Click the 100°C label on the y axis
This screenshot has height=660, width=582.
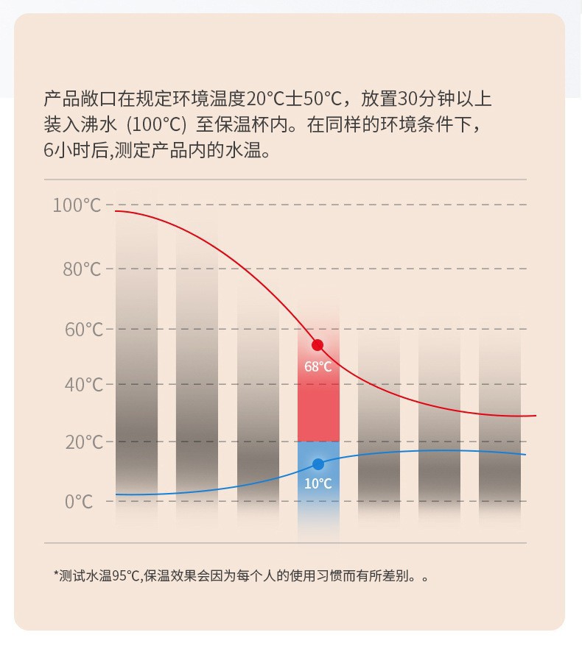tap(77, 205)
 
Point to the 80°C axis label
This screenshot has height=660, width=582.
tap(82, 269)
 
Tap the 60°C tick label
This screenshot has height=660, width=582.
tap(82, 329)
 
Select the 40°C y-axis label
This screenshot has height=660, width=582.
tap(82, 384)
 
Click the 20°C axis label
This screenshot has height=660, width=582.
tap(82, 442)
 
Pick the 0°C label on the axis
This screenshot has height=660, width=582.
tap(79, 502)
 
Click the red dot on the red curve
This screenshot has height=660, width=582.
tap(318, 345)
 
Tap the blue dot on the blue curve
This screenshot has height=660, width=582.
tap(318, 464)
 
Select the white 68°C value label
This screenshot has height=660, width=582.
tap(318, 366)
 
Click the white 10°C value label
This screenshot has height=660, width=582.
tap(318, 483)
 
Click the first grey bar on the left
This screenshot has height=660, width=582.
tap(136, 368)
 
